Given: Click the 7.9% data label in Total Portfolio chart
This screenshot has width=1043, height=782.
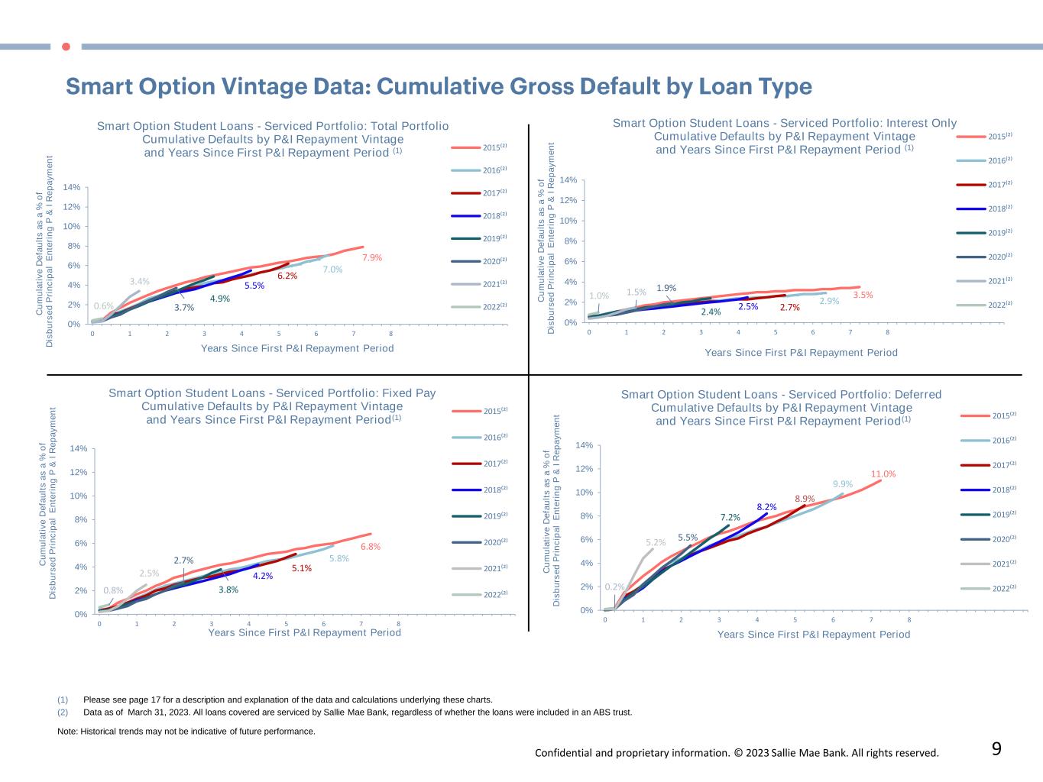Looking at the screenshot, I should coord(371,258).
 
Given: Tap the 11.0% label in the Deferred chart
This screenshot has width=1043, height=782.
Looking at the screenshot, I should coord(883,474).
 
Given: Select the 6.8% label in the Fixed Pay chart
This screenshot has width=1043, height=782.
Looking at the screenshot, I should coord(371,547).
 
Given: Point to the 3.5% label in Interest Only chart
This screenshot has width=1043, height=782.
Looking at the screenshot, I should coord(863,295).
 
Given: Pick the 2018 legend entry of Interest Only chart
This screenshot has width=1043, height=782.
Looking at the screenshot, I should coord(985,208).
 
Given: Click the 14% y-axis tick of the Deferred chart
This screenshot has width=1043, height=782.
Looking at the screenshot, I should coord(585,445).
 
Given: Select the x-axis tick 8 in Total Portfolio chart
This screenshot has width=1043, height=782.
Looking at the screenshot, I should coord(390,334).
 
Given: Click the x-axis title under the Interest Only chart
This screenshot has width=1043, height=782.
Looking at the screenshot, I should coord(801,353).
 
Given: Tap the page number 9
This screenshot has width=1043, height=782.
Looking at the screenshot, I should coord(996,749).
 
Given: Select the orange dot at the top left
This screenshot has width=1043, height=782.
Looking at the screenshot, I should coord(66,47).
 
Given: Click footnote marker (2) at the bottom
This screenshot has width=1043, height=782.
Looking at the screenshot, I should coord(63,713).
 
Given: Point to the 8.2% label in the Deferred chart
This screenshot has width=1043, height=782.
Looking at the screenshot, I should coord(766,507).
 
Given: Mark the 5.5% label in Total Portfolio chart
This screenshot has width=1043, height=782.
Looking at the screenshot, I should coord(254,286).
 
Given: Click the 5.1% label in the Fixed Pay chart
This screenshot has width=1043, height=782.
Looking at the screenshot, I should coord(301,568).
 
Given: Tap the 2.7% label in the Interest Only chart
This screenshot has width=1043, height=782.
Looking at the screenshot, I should coord(789,308).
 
